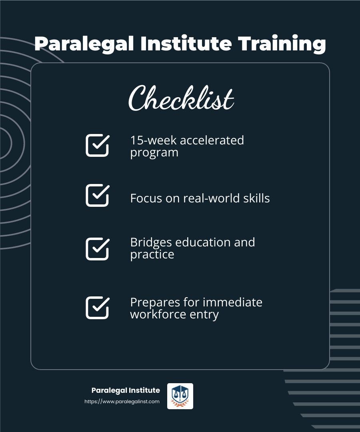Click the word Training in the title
point(282,44)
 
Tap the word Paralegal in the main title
point(84,44)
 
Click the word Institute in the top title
point(186,43)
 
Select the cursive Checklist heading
point(181,98)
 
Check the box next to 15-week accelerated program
point(98,145)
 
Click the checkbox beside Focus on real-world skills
point(98,195)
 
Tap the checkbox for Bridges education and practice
point(98,249)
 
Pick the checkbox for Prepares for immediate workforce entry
point(98,308)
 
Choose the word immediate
point(232,302)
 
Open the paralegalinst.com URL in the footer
point(122,402)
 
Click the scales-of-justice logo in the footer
point(180,396)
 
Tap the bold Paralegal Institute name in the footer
point(126,390)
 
